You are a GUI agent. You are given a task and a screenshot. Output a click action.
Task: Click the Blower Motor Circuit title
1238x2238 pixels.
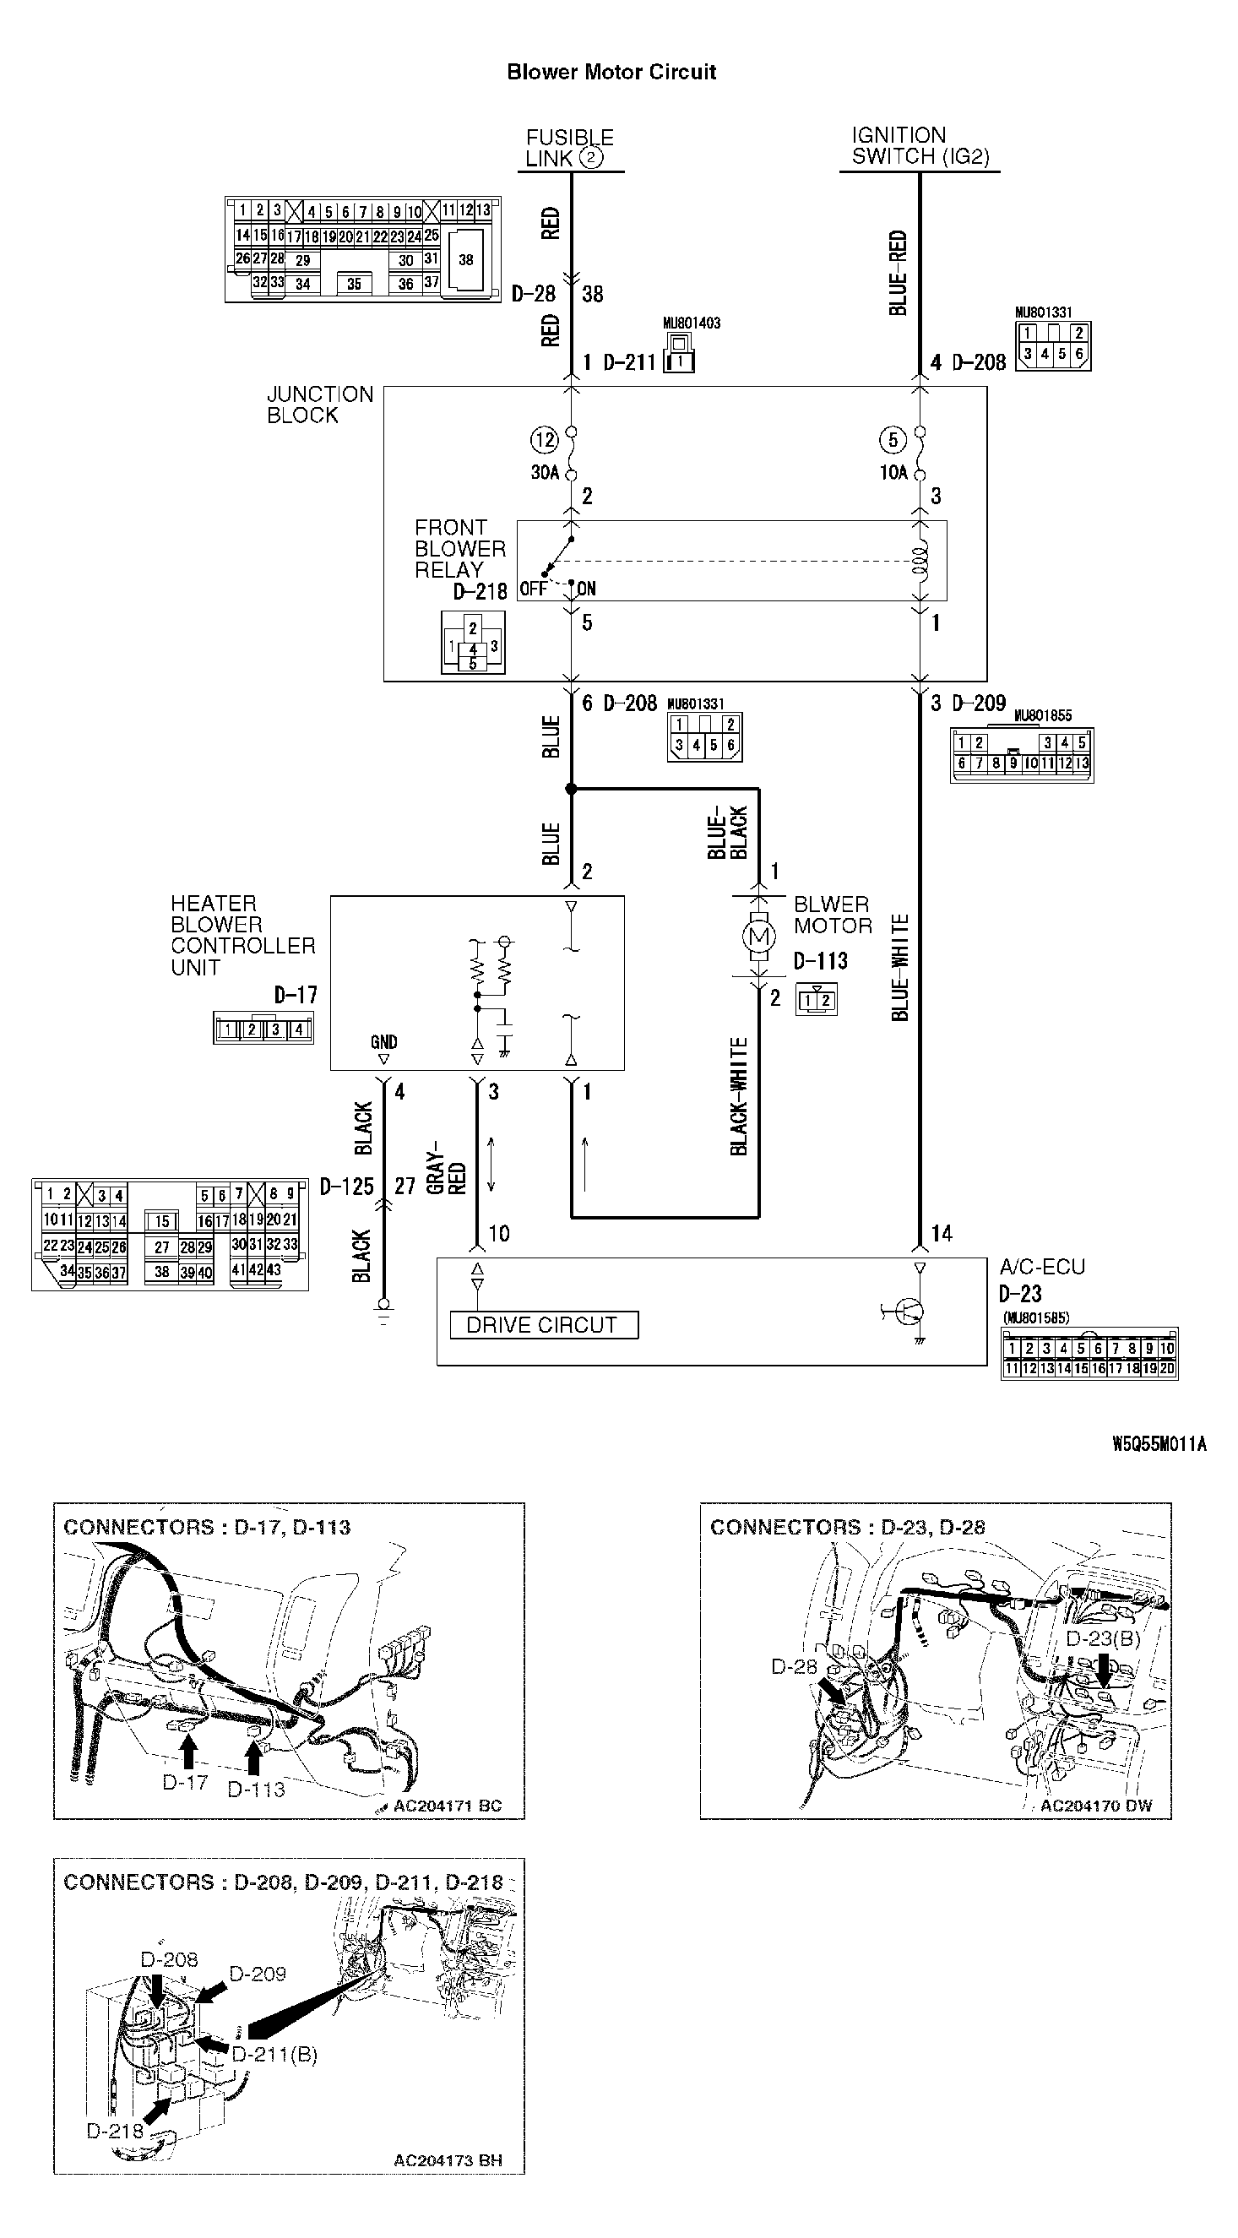(611, 72)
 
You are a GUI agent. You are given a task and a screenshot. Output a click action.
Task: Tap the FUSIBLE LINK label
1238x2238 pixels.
(569, 149)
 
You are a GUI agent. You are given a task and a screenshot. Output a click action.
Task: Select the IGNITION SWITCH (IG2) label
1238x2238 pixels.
(920, 146)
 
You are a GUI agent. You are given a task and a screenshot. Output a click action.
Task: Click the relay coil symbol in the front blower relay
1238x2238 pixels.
(920, 561)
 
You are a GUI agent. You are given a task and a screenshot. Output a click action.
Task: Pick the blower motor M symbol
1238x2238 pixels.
(759, 937)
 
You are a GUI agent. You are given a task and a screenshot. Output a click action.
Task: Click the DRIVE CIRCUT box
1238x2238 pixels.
(544, 1325)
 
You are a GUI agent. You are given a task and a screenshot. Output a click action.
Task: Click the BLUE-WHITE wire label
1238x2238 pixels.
(901, 967)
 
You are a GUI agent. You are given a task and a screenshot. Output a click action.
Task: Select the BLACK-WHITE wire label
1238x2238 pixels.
(738, 1096)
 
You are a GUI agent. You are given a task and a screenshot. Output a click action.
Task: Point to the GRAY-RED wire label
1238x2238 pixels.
(447, 1174)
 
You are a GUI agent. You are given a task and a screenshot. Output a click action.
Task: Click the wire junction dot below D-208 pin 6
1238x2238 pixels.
(571, 789)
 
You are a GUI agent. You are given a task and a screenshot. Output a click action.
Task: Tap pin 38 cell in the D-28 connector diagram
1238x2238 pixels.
(466, 260)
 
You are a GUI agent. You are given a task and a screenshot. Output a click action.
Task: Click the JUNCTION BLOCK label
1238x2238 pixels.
(320, 405)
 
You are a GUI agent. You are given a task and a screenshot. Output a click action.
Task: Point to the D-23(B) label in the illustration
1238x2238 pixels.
(1103, 1639)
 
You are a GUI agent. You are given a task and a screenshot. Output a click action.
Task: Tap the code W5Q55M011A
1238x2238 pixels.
(1159, 1444)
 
